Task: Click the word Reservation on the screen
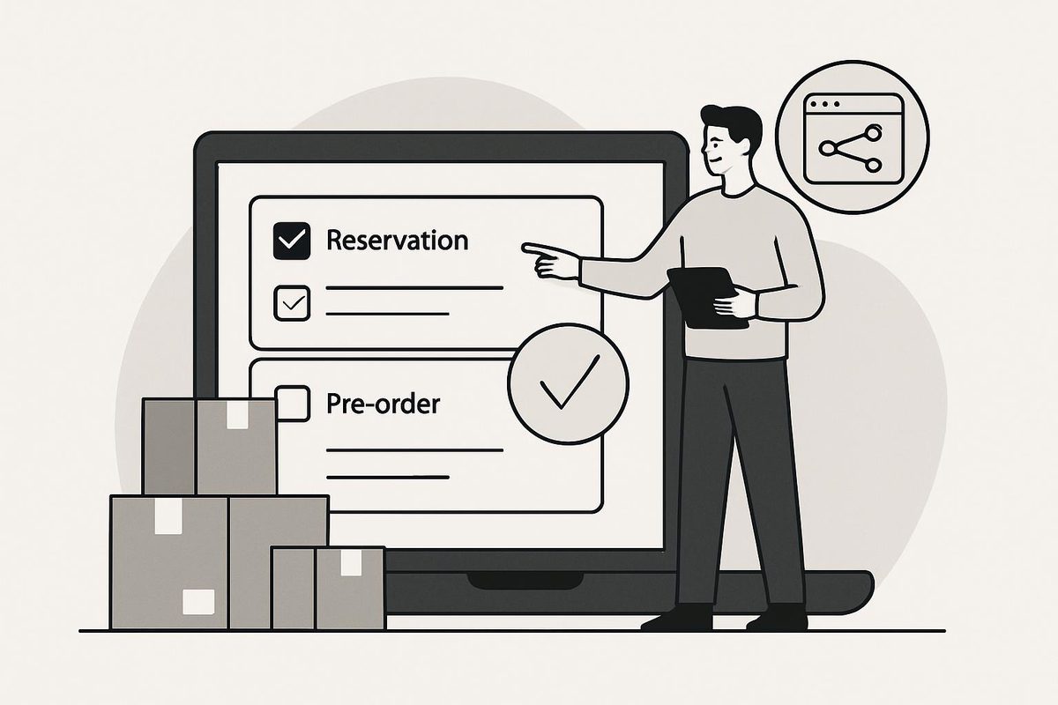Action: (x=398, y=241)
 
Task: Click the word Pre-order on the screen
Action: (x=383, y=404)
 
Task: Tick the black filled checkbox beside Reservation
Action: (x=292, y=241)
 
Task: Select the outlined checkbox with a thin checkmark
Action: (x=292, y=303)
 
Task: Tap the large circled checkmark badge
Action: (x=568, y=384)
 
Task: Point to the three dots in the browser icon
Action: (x=824, y=104)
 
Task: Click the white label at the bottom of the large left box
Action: (x=198, y=602)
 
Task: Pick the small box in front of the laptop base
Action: (x=328, y=589)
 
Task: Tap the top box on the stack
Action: (x=210, y=447)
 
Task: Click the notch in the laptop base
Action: (x=525, y=581)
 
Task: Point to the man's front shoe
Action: (x=677, y=619)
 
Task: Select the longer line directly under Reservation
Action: (x=414, y=287)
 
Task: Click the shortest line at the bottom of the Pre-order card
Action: (x=387, y=478)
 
